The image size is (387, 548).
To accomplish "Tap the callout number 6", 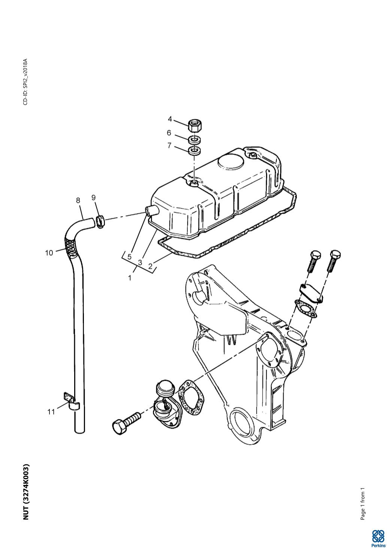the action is [x=169, y=133].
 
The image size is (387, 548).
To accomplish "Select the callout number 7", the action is [x=169, y=145].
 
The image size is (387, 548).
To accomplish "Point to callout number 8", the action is [x=78, y=201].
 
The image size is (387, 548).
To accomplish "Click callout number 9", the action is [x=94, y=198].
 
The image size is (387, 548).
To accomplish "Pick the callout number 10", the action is [x=49, y=253].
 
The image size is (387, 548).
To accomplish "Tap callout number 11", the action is [x=51, y=412].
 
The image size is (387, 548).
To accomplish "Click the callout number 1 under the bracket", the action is [x=130, y=278].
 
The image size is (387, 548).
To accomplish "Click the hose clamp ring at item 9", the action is [x=100, y=221].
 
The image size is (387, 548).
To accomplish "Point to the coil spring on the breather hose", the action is [x=70, y=246].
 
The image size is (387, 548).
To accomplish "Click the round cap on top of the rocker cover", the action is [x=231, y=161].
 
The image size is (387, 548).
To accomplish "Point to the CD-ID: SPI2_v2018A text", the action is [x=25, y=82].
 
